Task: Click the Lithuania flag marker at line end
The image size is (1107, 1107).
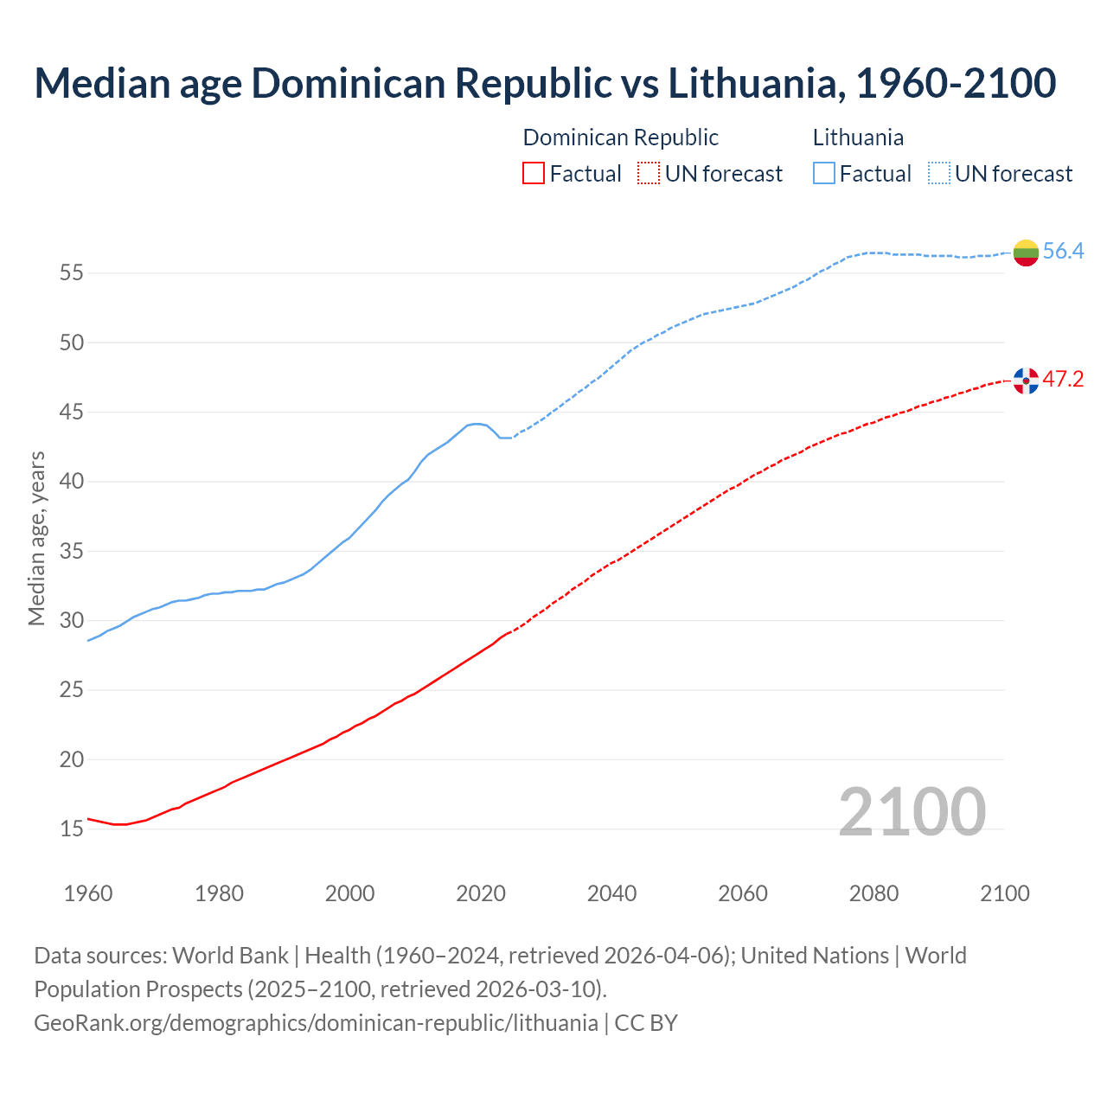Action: (x=1026, y=253)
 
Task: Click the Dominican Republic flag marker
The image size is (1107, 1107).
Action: (x=1026, y=381)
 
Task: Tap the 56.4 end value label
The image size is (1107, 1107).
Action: (x=1063, y=252)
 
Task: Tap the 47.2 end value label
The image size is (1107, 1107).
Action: (x=1063, y=380)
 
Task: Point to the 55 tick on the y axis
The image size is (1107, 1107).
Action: (x=72, y=273)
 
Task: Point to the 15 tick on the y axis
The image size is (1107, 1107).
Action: (x=72, y=829)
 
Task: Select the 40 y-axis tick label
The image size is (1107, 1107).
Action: (x=72, y=482)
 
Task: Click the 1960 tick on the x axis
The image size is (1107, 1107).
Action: (x=88, y=893)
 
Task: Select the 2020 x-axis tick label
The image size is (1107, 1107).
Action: (x=481, y=893)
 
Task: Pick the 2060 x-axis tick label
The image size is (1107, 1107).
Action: (x=743, y=893)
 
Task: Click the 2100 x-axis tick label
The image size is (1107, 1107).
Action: (x=1004, y=893)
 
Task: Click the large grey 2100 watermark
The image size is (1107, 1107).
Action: (x=912, y=811)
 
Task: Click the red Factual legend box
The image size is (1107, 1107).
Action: (x=534, y=174)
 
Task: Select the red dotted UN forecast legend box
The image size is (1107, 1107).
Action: (x=649, y=174)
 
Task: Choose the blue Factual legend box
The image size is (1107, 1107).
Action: (x=824, y=174)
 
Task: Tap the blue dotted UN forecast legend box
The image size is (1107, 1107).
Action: (x=939, y=174)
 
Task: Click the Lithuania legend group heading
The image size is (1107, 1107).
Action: (x=858, y=138)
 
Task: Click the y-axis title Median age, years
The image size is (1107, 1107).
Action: (x=36, y=538)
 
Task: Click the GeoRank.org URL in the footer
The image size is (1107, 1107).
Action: (x=316, y=1023)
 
